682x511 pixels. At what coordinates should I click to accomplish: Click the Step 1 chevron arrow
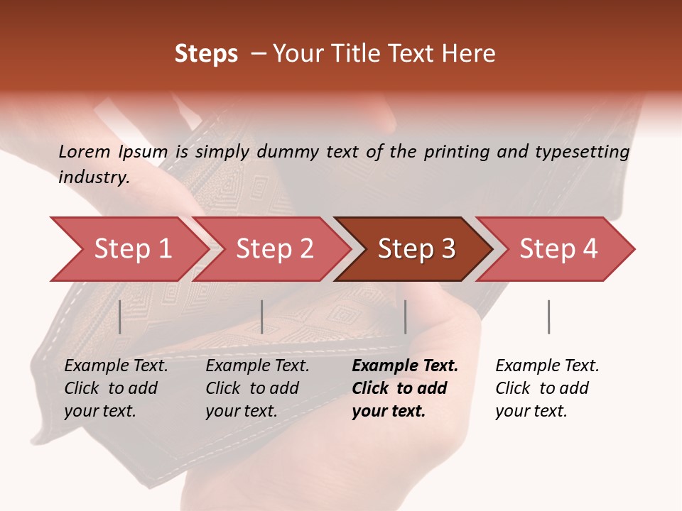[132, 249]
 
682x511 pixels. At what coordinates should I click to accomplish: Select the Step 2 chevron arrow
[274, 249]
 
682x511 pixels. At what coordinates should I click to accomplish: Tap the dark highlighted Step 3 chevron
[416, 249]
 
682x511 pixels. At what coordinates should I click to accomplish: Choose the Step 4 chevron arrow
[558, 249]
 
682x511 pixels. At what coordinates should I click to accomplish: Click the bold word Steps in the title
[206, 54]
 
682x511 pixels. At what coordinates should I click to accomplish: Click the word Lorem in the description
[85, 151]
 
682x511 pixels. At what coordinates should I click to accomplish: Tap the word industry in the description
[94, 177]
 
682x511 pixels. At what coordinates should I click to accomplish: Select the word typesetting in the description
[583, 151]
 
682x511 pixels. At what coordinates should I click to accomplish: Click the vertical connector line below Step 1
[120, 317]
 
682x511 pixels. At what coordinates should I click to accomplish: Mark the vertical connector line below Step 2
[262, 317]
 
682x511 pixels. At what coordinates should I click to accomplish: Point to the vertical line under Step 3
[405, 317]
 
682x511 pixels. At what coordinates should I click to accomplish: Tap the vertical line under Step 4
[548, 317]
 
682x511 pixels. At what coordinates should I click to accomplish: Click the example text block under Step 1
[116, 388]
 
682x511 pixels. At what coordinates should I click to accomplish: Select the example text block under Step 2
[257, 388]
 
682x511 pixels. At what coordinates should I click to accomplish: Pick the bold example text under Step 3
[405, 388]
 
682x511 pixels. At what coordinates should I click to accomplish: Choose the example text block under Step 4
[547, 388]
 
